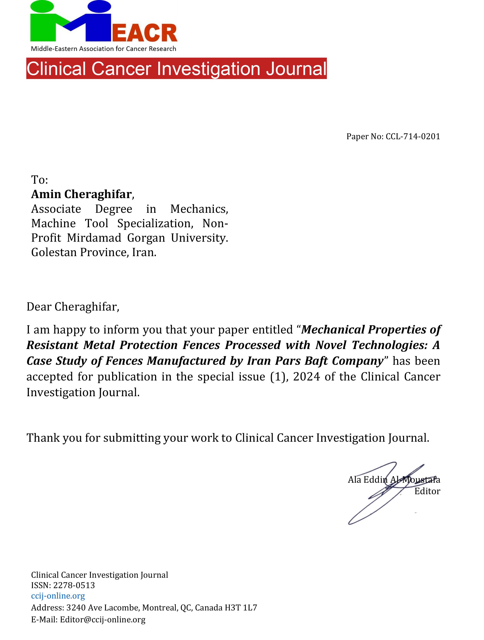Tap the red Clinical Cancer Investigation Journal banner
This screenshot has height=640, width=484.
click(176, 69)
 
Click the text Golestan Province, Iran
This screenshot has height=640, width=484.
click(94, 252)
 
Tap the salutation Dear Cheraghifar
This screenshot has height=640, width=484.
click(73, 307)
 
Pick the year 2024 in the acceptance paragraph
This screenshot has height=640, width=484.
click(306, 377)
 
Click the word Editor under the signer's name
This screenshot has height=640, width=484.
click(427, 491)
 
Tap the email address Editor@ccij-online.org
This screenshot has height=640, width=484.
click(103, 619)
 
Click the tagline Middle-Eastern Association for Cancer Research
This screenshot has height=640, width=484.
click(103, 49)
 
